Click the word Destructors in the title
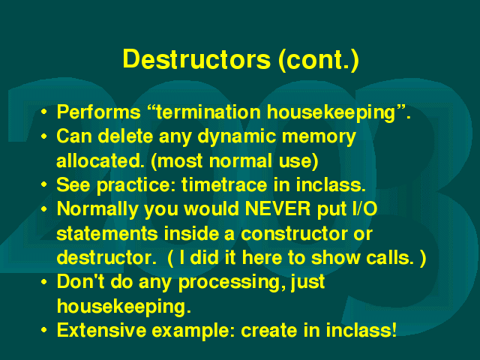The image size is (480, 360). pyautogui.click(x=196, y=59)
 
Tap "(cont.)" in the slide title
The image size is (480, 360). pyautogui.click(x=319, y=60)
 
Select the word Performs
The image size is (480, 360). pyautogui.click(x=98, y=112)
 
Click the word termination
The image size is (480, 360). pyautogui.click(x=208, y=112)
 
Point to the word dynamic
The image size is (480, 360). pyautogui.click(x=237, y=136)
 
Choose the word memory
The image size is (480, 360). pyautogui.click(x=319, y=137)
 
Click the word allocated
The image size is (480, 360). pyautogui.click(x=100, y=160)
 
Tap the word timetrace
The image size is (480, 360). pyautogui.click(x=224, y=185)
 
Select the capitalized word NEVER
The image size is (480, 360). pyautogui.click(x=278, y=209)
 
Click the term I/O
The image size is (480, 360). pyautogui.click(x=365, y=209)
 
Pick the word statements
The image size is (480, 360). pyautogui.click(x=107, y=234)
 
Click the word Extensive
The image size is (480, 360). pyautogui.click(x=102, y=330)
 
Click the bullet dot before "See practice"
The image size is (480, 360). pyautogui.click(x=44, y=185)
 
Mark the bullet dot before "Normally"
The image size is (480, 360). pyautogui.click(x=44, y=209)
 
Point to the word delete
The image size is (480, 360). pyautogui.click(x=125, y=136)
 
